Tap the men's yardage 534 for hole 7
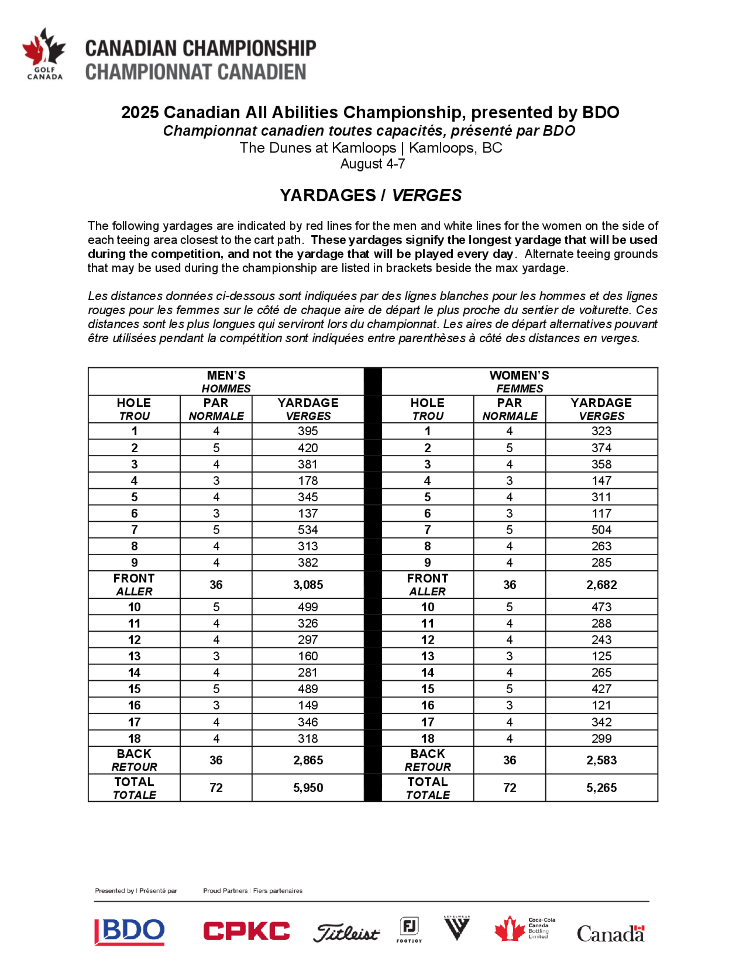pos(308,529)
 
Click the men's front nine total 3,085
pos(308,585)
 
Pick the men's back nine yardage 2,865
pos(308,760)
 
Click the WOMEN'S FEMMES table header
pos(519,381)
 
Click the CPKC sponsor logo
pos(246,931)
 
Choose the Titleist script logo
pos(346,933)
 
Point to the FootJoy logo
pos(409,929)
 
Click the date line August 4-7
pos(373,164)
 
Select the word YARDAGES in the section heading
pos(327,195)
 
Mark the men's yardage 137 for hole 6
pos(308,513)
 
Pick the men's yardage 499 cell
pos(308,607)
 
